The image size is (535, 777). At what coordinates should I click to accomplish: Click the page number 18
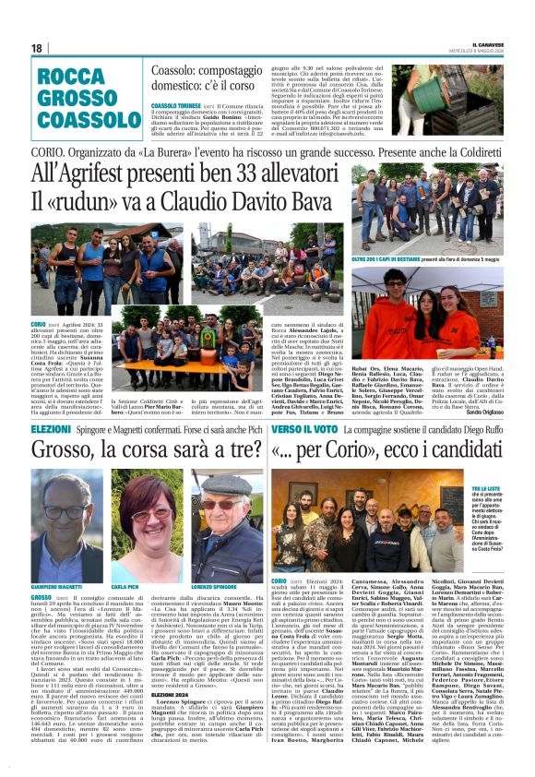pyautogui.click(x=37, y=48)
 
